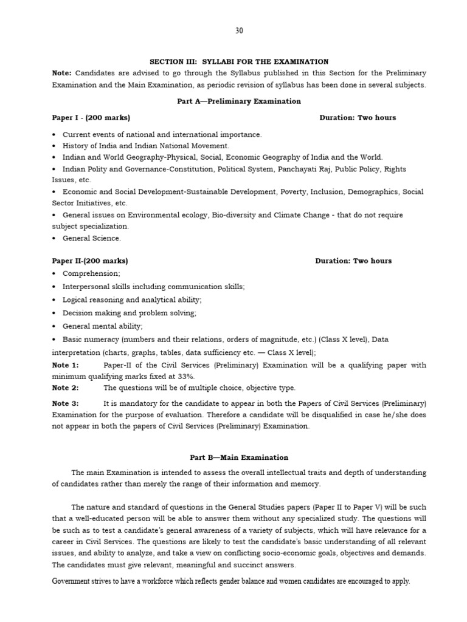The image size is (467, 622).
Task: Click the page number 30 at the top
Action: tap(239, 31)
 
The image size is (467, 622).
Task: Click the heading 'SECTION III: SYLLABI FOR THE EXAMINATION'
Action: tap(239, 62)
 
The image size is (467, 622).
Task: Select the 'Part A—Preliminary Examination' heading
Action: tap(239, 101)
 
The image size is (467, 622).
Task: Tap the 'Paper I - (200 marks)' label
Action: tap(91, 118)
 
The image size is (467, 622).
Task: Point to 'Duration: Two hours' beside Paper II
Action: tap(353, 261)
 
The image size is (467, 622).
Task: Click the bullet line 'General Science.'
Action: tap(92, 238)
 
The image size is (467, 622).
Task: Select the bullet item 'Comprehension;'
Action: tap(91, 273)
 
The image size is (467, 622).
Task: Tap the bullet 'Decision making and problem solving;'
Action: tap(130, 313)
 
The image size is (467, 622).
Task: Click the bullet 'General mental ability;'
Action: tap(103, 326)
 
